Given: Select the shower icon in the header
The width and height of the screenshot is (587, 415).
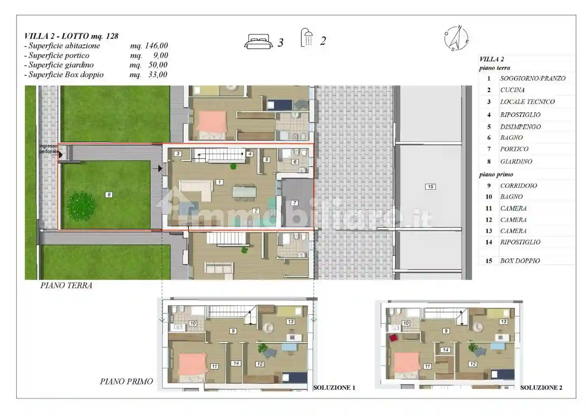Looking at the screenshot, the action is point(307,38).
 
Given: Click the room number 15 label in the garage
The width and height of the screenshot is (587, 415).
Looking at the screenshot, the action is point(430,187).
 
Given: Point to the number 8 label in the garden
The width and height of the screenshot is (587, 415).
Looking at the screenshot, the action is point(109,194).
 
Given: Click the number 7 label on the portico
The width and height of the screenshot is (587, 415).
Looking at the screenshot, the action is point(295,203).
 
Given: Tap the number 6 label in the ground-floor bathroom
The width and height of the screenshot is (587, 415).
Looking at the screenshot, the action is point(295,162).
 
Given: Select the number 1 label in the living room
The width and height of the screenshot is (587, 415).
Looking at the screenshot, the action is point(219,182).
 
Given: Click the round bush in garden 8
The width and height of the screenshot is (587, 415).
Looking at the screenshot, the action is point(81,206).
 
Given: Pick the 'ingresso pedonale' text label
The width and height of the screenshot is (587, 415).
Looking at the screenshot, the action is point(49,149).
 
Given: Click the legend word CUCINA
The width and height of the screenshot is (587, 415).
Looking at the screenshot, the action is point(512,90).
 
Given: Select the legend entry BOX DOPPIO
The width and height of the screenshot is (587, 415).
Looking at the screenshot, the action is point(520,261).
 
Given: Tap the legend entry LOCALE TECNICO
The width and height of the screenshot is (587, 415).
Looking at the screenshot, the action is point(527,102).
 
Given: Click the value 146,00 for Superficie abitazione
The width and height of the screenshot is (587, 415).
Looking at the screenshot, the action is point(156,45).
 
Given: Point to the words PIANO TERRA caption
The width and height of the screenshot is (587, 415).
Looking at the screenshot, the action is point(66,285).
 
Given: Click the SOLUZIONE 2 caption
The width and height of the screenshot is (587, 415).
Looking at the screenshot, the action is point(541,387).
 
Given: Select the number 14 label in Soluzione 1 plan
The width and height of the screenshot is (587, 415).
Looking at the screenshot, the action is point(236,363).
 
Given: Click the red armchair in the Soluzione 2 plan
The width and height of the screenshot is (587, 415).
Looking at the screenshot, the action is point(393,338).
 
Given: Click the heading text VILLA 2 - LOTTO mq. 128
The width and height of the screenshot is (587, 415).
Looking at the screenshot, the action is point(71,36).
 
